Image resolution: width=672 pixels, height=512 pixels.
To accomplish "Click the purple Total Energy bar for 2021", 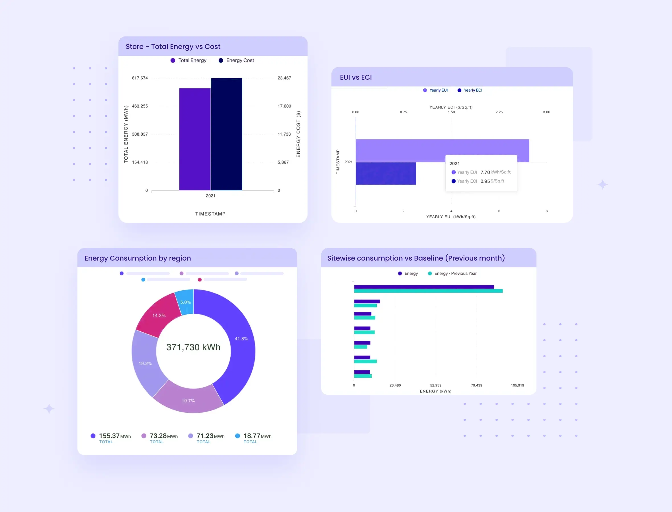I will tap(194, 139).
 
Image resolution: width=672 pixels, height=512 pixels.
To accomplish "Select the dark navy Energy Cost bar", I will tap(227, 134).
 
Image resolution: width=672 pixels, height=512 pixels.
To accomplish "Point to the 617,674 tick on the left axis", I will tap(140, 78).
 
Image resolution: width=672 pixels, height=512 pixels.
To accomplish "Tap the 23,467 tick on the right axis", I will tap(284, 78).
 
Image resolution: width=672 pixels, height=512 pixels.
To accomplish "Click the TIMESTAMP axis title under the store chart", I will tap(210, 214).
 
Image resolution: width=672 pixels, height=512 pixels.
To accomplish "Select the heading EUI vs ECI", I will tap(356, 77).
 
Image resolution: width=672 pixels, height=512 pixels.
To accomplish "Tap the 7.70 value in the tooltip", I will tap(485, 172).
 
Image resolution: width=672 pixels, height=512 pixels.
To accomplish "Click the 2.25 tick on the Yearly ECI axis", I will tap(499, 112).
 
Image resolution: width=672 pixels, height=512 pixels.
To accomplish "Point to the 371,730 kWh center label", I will tap(193, 347).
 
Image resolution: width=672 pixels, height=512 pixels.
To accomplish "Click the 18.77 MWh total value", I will tap(252, 436).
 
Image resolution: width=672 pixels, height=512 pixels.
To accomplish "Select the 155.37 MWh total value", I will tap(109, 436).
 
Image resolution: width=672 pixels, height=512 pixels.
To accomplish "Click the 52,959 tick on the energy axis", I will tap(435, 385).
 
